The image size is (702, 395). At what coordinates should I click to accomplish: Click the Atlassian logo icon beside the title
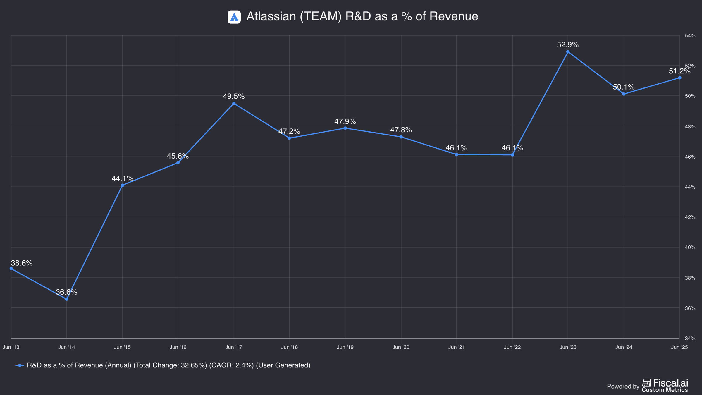234,17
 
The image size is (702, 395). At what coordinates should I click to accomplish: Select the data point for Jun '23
568,52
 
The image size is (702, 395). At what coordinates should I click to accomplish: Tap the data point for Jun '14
67,299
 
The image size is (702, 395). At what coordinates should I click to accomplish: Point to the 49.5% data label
234,96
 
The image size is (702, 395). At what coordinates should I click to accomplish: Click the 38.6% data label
22,263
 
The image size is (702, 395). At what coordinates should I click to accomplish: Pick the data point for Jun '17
234,104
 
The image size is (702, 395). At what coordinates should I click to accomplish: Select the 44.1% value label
122,178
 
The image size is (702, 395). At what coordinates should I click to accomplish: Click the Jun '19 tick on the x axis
345,347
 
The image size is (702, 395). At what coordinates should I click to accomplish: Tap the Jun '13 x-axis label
11,347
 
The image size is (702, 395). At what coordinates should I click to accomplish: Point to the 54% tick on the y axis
690,36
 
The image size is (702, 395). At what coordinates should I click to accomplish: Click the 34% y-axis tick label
690,338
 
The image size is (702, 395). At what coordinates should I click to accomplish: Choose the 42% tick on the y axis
690,217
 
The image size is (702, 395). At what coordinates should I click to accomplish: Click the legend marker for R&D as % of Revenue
20,365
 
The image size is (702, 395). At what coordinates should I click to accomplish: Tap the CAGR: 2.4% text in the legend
231,365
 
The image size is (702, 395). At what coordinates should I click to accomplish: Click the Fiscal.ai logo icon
647,383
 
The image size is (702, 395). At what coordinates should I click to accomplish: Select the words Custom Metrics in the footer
665,390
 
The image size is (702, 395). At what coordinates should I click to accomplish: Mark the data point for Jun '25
680,78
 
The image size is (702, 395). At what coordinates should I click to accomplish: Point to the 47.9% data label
345,121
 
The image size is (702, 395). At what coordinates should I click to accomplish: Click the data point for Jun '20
401,137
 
